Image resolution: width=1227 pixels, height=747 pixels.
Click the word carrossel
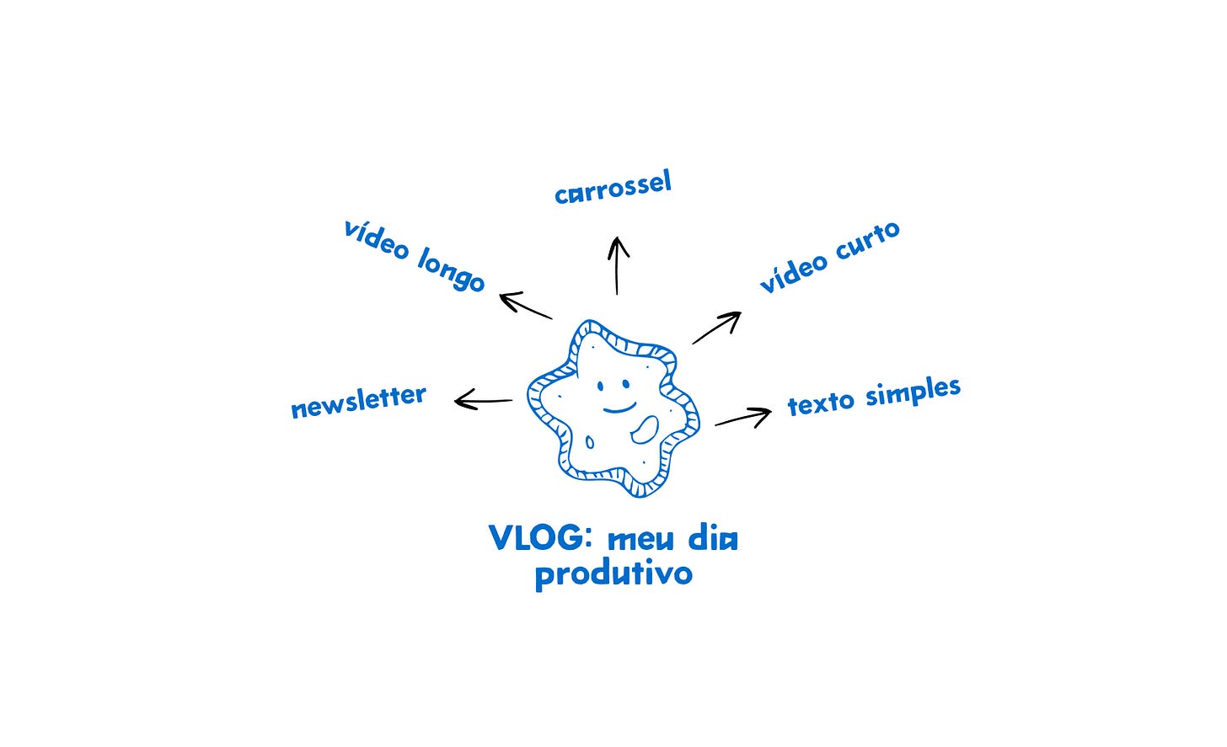pyautogui.click(x=613, y=187)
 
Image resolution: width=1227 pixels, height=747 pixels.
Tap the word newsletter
pyautogui.click(x=358, y=401)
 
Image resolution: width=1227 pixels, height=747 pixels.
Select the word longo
pyautogui.click(x=451, y=271)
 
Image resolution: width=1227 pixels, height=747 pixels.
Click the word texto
pyautogui.click(x=821, y=403)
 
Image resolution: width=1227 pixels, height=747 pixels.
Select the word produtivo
pyautogui.click(x=613, y=574)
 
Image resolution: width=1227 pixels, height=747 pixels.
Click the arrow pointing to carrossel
pyautogui.click(x=618, y=265)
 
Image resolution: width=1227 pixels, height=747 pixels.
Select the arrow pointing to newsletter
pyautogui.click(x=483, y=400)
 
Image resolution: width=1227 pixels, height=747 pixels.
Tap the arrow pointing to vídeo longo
pyautogui.click(x=525, y=306)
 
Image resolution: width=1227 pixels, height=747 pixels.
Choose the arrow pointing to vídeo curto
pyautogui.click(x=717, y=327)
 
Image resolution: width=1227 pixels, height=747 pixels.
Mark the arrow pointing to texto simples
pyautogui.click(x=743, y=418)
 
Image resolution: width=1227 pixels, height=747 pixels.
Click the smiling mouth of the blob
pyautogui.click(x=619, y=409)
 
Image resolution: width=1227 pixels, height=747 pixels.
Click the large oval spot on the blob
pyautogui.click(x=646, y=430)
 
